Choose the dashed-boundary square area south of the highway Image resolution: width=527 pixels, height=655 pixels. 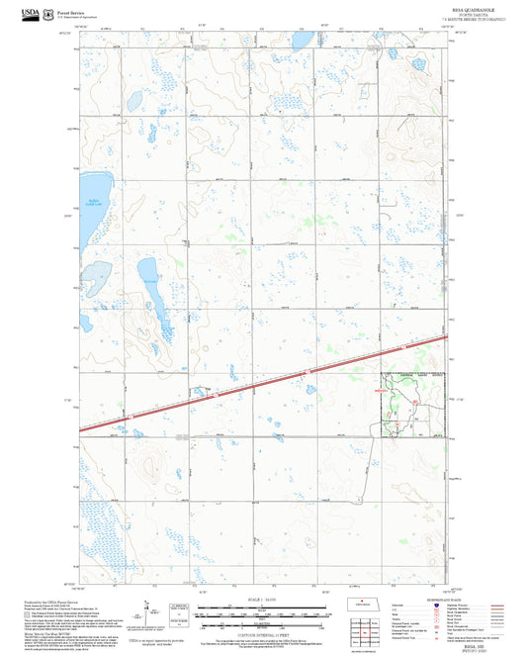[412, 405]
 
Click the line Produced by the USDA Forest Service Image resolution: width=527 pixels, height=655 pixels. [54, 600]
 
